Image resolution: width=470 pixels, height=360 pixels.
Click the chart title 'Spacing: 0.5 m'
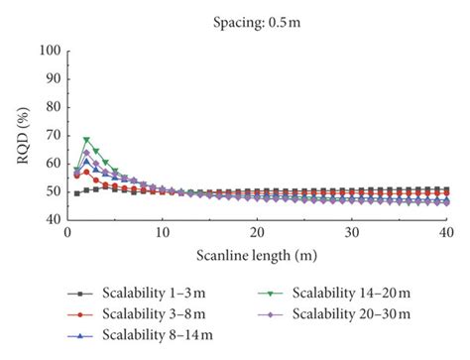point(257,23)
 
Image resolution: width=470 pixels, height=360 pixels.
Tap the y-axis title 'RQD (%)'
point(23,136)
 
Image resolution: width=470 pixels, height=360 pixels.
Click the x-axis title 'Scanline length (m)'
point(257,255)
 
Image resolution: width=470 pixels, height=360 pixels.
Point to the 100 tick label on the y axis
point(51,51)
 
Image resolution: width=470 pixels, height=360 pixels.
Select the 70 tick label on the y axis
point(54,135)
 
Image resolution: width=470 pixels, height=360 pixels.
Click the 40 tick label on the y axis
point(54,219)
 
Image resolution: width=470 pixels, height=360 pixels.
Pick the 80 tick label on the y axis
point(54,107)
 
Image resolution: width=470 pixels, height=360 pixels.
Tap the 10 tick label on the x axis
point(163,233)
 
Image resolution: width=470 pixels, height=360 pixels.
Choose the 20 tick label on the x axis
point(257,233)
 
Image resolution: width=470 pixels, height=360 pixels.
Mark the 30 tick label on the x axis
point(352,233)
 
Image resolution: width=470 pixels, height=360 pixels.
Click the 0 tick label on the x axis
point(67,233)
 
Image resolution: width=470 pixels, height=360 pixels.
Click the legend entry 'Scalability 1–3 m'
point(136,294)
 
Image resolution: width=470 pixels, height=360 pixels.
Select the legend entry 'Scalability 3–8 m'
point(136,314)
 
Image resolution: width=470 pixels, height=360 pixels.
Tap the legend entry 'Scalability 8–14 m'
point(140,335)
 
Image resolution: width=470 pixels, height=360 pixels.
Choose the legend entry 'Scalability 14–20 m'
point(334,294)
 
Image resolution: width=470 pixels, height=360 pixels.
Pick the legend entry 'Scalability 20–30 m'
point(334,314)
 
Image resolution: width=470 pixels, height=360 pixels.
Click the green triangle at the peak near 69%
point(86,140)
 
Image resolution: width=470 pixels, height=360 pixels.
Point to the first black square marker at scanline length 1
point(77,193)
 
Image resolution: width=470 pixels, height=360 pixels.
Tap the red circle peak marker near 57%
point(86,173)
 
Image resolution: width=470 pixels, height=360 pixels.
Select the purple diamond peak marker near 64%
point(86,153)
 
